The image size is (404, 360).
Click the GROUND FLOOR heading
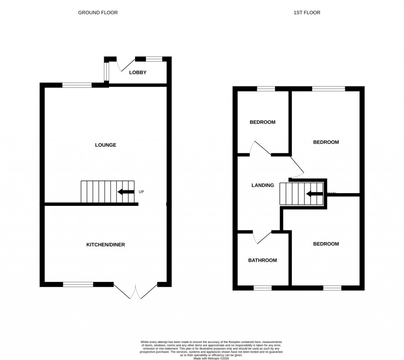click(x=97, y=13)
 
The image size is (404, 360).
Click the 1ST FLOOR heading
click(x=307, y=13)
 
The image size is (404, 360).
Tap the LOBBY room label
click(x=138, y=72)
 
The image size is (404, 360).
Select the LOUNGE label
click(x=105, y=145)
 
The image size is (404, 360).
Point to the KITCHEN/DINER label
click(x=105, y=244)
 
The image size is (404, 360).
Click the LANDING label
click(x=262, y=185)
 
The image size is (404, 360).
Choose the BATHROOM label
click(x=262, y=260)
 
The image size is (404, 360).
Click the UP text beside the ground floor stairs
click(x=142, y=192)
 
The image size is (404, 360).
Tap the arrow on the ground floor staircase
click(x=126, y=192)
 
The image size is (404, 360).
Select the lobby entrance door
click(x=126, y=63)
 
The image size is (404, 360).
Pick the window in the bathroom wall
click(x=262, y=288)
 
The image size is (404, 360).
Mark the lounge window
click(x=77, y=85)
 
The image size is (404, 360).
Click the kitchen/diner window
click(x=78, y=284)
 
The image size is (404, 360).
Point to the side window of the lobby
click(x=106, y=71)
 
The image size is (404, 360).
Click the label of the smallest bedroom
click(x=262, y=122)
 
